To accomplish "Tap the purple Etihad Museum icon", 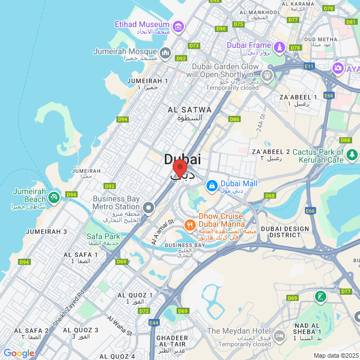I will [x=178, y=26].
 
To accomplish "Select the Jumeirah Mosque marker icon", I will [x=165, y=53].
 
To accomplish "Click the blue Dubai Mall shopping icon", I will [x=211, y=184].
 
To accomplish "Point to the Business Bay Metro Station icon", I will [x=148, y=208].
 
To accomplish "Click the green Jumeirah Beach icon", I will [x=53, y=197].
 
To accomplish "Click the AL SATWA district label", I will [x=190, y=110].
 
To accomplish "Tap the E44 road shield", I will [x=154, y=323].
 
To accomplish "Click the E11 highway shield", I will [x=309, y=66].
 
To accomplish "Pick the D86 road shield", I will [x=235, y=119].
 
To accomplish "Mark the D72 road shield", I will [x=144, y=310].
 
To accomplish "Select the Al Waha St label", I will [x=119, y=324].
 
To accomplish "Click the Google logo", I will [x=19, y=353].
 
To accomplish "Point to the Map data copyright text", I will [x=336, y=355].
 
